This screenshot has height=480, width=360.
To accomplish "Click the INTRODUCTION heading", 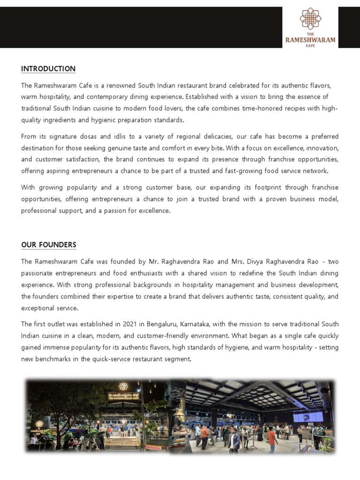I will (48, 69).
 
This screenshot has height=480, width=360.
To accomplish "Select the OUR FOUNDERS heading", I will (49, 245).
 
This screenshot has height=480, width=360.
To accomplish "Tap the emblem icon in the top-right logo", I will (310, 18).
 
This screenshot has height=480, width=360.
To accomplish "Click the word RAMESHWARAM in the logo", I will (310, 40).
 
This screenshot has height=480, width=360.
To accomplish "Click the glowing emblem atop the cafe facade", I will (123, 386).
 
